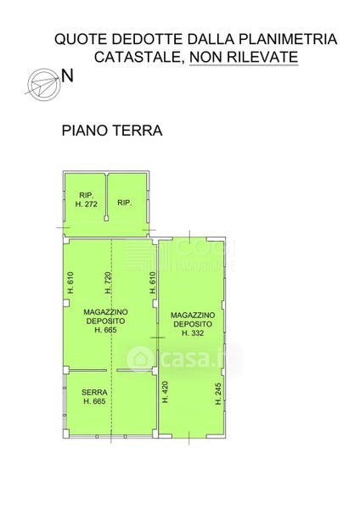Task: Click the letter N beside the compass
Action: tap(67, 76)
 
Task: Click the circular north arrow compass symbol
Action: tap(43, 84)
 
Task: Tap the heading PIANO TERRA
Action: tap(112, 131)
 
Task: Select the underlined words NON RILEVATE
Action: tap(244, 57)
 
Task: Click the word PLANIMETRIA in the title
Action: tap(288, 39)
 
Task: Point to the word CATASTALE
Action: tap(138, 57)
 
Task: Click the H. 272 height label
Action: tap(87, 204)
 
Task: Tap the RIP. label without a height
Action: tap(125, 203)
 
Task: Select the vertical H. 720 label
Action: tap(109, 282)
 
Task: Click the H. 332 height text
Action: tap(193, 333)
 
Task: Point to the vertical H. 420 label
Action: tap(165, 392)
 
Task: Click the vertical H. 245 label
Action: tap(218, 394)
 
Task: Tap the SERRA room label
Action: tap(94, 392)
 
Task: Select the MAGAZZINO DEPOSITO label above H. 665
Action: tap(105, 316)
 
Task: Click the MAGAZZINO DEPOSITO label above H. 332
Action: tap(193, 320)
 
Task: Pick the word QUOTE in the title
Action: tap(81, 39)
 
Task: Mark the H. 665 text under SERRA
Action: tap(94, 401)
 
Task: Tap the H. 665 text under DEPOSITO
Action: tap(105, 330)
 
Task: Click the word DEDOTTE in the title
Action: tap(148, 39)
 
